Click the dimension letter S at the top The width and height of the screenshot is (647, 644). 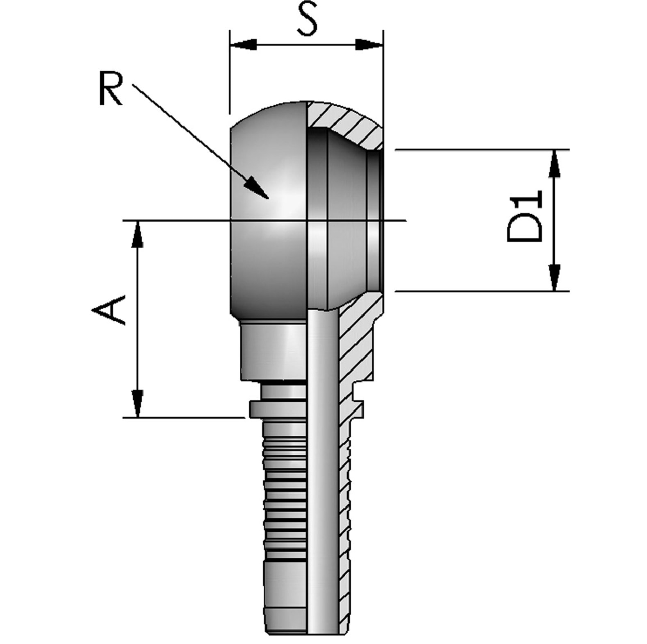point(308,19)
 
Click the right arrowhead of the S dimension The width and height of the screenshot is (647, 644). point(368,44)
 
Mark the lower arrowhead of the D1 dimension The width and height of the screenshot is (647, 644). point(555,277)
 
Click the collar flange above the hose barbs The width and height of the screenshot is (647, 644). point(277,409)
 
